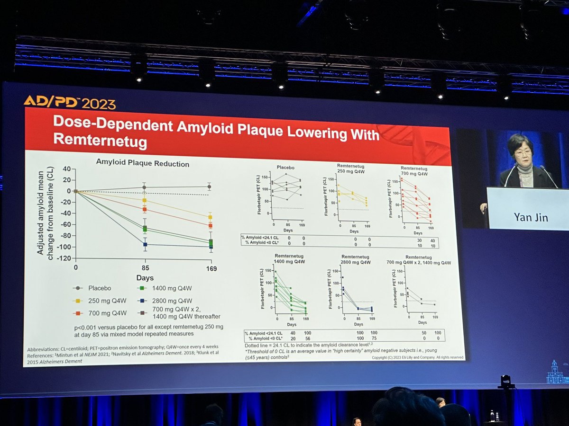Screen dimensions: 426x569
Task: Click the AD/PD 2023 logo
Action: point(69,102)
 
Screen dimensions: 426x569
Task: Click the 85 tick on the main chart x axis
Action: point(145,268)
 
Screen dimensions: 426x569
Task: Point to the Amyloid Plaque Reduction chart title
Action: point(143,164)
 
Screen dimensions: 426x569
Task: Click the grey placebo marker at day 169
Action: point(209,187)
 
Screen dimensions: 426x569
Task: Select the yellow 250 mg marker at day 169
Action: point(210,217)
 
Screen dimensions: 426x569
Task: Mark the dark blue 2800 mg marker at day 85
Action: point(145,245)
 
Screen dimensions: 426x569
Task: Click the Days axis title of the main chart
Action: point(145,278)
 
